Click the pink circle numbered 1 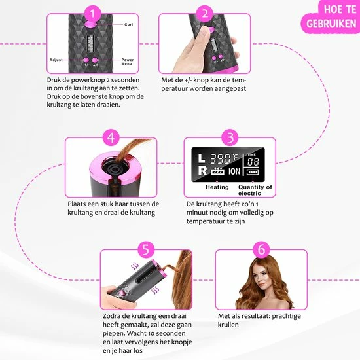(92, 14)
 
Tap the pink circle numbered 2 (205, 14)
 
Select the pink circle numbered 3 (230, 137)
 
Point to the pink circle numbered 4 (111, 137)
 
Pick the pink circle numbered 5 (146, 250)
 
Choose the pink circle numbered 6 (261, 250)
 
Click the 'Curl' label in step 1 (128, 24)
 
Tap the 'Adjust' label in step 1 (56, 60)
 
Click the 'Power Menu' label (127, 62)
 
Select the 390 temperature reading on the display (220, 158)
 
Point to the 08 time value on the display (253, 162)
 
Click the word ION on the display (234, 171)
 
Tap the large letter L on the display (202, 158)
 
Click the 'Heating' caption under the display (217, 187)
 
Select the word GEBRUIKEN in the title (331, 24)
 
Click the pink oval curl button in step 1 (91, 24)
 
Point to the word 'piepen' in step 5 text (114, 334)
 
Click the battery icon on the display (253, 172)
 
